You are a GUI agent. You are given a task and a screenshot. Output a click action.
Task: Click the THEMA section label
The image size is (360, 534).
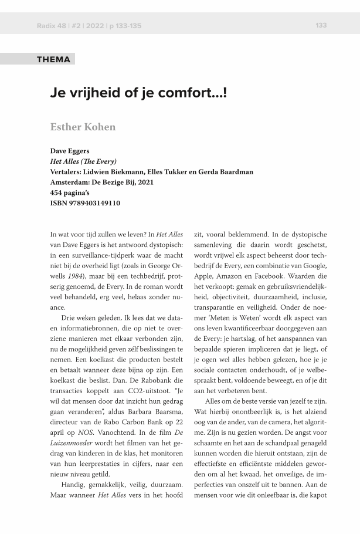click(x=53, y=59)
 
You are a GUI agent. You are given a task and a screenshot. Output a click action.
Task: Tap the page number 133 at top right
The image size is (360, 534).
click(x=321, y=25)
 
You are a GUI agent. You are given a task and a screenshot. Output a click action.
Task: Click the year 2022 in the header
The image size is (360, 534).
click(x=92, y=26)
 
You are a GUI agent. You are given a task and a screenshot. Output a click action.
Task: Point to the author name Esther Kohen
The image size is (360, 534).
click(x=83, y=127)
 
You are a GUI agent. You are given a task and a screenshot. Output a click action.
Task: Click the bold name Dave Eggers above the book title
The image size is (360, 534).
click(x=70, y=151)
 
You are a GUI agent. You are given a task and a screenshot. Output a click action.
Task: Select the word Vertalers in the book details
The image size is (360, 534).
click(x=67, y=172)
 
